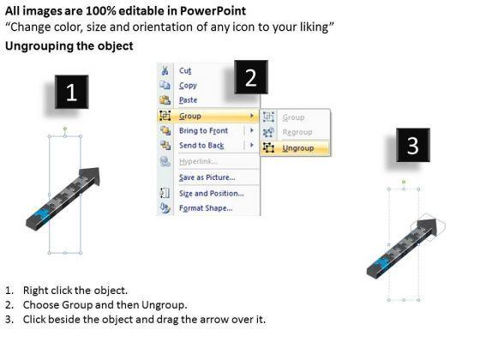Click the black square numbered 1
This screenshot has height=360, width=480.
(x=72, y=92)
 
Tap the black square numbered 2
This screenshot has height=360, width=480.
(x=251, y=77)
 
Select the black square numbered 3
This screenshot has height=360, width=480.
(x=413, y=145)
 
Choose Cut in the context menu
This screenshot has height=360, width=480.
(x=185, y=70)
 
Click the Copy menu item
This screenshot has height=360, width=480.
(x=188, y=86)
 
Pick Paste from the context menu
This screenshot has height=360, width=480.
(x=188, y=100)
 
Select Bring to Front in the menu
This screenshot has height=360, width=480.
(x=204, y=130)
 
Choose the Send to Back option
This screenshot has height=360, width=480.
(x=201, y=146)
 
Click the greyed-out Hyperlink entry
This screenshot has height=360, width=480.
(x=198, y=161)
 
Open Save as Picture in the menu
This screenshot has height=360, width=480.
(x=207, y=177)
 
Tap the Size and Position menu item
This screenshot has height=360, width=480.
(x=212, y=194)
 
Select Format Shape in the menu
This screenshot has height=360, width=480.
(x=206, y=208)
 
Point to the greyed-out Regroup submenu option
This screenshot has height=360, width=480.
(x=297, y=132)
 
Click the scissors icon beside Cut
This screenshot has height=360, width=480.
(x=165, y=70)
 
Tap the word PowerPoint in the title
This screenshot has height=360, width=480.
(x=213, y=11)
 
